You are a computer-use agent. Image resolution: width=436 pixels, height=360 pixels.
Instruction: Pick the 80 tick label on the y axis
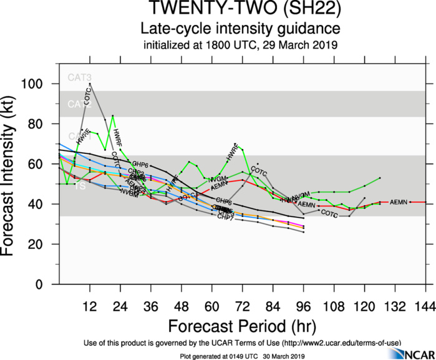tap(44, 124)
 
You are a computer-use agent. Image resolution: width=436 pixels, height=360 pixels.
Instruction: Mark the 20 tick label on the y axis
tap(44, 244)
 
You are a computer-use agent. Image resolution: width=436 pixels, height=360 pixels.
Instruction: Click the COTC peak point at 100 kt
tap(90, 84)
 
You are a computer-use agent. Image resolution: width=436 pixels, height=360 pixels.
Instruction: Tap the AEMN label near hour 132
tap(397, 203)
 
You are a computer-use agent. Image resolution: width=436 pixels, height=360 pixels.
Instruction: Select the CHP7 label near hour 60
tap(225, 217)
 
